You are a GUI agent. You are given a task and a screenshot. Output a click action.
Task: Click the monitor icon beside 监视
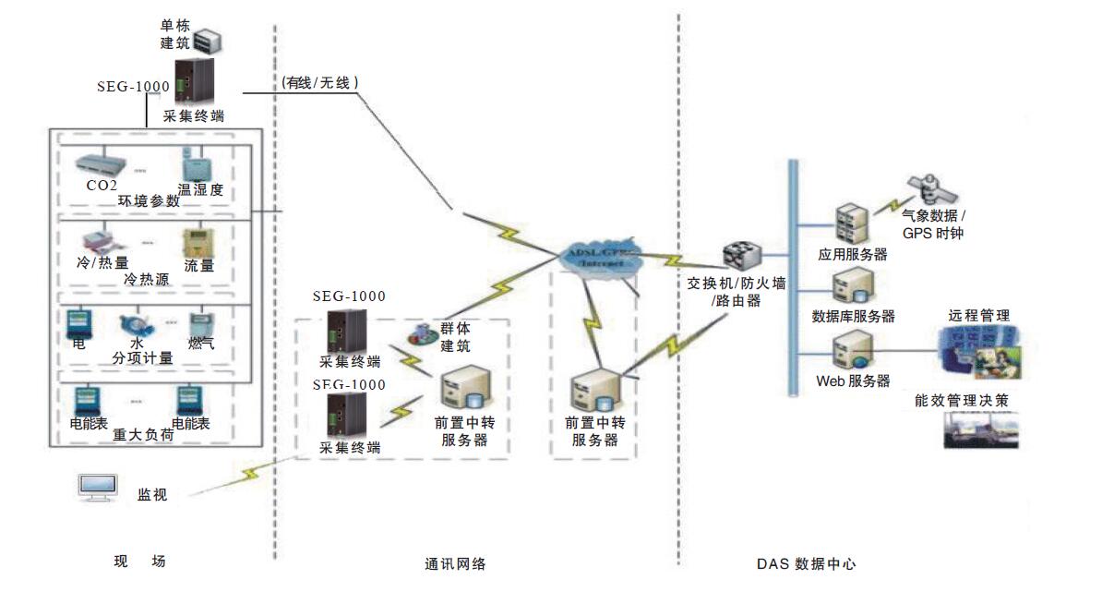coord(98,489)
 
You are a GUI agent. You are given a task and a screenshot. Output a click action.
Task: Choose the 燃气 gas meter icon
coord(201,326)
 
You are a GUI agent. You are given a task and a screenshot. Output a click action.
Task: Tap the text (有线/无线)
coord(319,83)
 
